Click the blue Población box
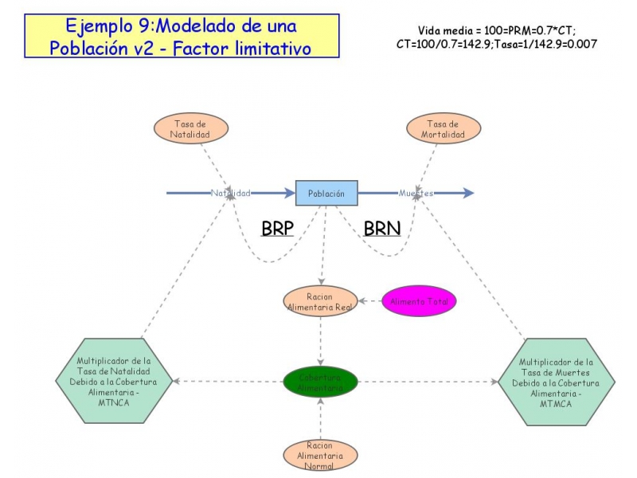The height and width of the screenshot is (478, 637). tap(326, 193)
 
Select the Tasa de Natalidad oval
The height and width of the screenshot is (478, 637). tap(191, 129)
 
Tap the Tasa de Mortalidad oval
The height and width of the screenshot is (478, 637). tap(444, 129)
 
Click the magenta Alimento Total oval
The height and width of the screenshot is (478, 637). tap(420, 301)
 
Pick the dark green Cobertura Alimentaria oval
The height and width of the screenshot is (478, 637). tap(321, 382)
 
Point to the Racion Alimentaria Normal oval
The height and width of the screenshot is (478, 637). tap(320, 455)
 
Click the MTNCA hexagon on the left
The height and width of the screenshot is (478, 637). tap(117, 381)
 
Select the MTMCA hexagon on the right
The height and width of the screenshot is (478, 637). tap(557, 381)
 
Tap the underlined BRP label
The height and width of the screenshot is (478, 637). tap(277, 229)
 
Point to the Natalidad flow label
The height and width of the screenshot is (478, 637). tap(231, 193)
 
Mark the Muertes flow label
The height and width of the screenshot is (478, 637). tap(416, 193)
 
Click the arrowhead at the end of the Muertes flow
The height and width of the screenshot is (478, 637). tap(468, 193)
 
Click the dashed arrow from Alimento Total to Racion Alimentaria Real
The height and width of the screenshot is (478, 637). tap(369, 301)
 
